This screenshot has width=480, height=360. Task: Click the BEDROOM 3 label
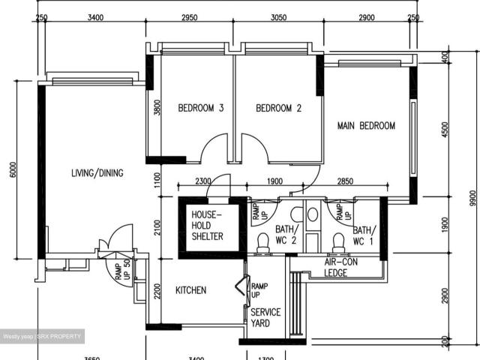pyautogui.click(x=200, y=108)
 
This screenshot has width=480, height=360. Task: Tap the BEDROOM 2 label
pyautogui.click(x=278, y=108)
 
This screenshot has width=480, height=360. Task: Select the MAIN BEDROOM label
pyautogui.click(x=365, y=125)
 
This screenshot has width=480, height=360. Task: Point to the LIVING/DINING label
pyautogui.click(x=97, y=173)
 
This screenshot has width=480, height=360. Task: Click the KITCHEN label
pyautogui.click(x=190, y=290)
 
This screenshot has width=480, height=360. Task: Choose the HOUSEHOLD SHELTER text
pyautogui.click(x=208, y=225)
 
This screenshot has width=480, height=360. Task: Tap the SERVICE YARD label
pyautogui.click(x=265, y=317)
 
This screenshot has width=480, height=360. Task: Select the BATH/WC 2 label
pyautogui.click(x=286, y=235)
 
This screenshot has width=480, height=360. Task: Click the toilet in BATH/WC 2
pyautogui.click(x=263, y=241)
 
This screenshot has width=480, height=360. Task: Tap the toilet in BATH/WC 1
pyautogui.click(x=337, y=241)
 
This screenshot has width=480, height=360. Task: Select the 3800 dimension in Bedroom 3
pyautogui.click(x=157, y=108)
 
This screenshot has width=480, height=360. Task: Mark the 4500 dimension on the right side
pyautogui.click(x=445, y=128)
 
